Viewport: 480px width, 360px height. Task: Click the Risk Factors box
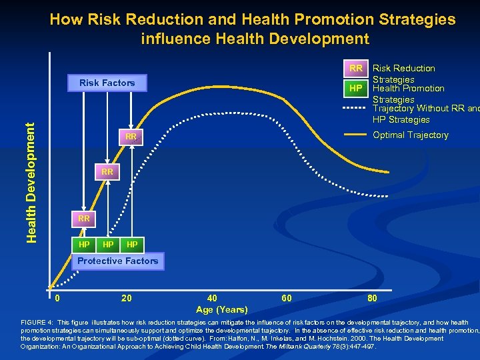pos(107,83)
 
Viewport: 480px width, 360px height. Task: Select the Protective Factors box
pos(118,261)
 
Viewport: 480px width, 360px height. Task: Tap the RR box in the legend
pos(356,68)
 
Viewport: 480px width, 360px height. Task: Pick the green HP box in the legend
pos(356,89)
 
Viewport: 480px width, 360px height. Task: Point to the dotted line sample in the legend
pos(356,108)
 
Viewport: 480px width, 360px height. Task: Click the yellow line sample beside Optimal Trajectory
pos(356,135)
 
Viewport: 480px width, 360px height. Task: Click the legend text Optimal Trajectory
pos(410,135)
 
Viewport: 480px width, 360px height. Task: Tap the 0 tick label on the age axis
pos(58,298)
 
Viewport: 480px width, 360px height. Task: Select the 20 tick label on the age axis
pos(126,298)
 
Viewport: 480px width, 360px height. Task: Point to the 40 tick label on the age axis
pos(212,298)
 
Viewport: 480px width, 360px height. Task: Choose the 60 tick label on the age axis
pos(286,298)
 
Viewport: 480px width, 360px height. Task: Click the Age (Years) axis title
pos(222,309)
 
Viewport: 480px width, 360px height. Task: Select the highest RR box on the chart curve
pos(131,137)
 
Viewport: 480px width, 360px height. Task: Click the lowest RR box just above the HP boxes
pos(83,218)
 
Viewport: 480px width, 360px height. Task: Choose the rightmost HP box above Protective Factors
pos(132,245)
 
